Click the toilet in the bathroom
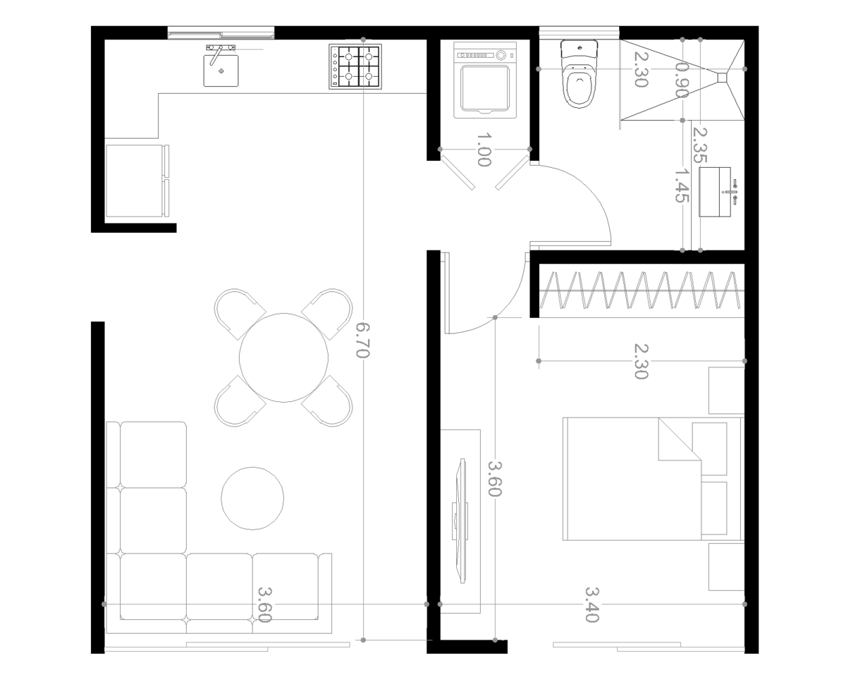(x=579, y=73)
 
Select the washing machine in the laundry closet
(x=485, y=80)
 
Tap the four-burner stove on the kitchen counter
(x=355, y=66)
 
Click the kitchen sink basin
(x=221, y=71)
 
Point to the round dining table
(x=283, y=358)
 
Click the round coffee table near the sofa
(x=252, y=499)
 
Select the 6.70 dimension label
(x=362, y=341)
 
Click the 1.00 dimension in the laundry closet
(x=484, y=150)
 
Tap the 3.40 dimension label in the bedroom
(x=592, y=605)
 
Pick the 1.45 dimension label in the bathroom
(x=682, y=185)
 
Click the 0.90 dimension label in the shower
(x=682, y=80)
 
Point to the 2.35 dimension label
(x=700, y=145)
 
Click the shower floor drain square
(x=722, y=78)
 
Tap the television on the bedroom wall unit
(x=461, y=521)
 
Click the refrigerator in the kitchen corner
(x=137, y=181)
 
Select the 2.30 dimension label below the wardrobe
(x=641, y=361)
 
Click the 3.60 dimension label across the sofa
(x=264, y=605)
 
